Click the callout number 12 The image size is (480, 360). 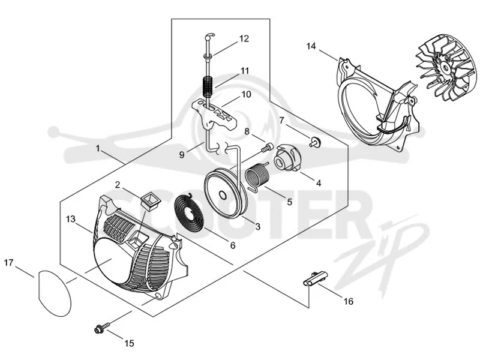point(244,39)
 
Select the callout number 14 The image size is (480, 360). point(311,46)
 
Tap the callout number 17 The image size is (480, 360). point(9,263)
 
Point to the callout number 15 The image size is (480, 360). point(130,343)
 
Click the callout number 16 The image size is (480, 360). point(349,301)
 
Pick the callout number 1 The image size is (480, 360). point(98,149)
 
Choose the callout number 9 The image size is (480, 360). point(182,155)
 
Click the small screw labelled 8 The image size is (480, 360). point(267,148)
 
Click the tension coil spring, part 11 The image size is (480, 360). point(208,85)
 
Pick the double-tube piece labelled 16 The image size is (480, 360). point(314,278)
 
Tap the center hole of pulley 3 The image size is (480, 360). point(222,195)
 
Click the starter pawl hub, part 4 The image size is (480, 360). point(289,158)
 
